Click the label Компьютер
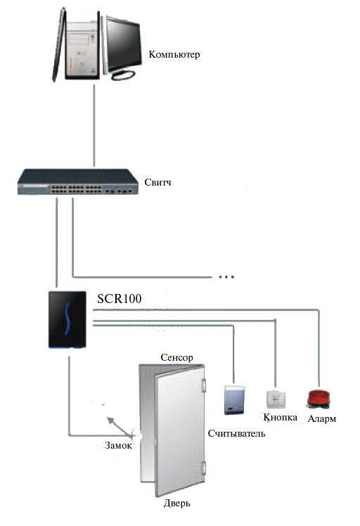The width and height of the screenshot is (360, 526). (x=174, y=55)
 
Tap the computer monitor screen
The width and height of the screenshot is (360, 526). (x=122, y=44)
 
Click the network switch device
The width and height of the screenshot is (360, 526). (x=78, y=182)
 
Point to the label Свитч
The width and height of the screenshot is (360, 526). (x=157, y=183)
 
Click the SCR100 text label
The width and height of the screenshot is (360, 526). (x=119, y=299)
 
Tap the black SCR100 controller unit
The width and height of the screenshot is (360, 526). (x=67, y=319)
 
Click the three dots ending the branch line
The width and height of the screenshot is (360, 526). (x=226, y=277)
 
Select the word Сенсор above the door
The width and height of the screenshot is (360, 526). (x=176, y=358)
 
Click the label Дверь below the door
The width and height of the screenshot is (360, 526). (x=176, y=503)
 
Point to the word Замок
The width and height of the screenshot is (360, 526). (x=118, y=445)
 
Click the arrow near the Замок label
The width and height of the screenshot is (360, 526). (x=120, y=425)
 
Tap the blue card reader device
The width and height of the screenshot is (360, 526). (x=234, y=399)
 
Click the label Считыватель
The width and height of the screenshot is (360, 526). (x=236, y=433)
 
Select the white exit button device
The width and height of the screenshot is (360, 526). (x=276, y=399)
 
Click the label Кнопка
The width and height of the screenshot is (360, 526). (x=280, y=417)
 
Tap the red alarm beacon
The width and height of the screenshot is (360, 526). (x=319, y=399)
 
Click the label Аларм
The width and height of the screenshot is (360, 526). (x=322, y=418)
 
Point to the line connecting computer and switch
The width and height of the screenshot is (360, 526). (x=94, y=125)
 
